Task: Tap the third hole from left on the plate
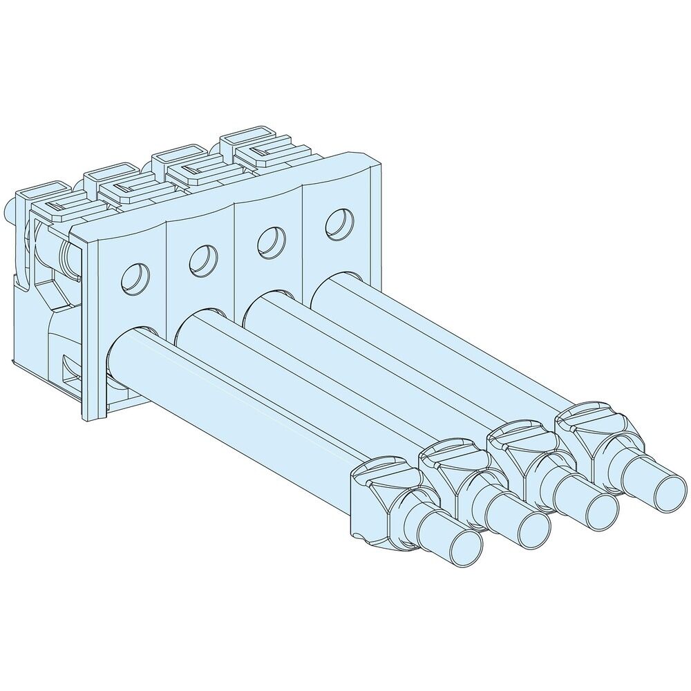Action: [x=269, y=241]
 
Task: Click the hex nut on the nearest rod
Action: [x=388, y=500]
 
